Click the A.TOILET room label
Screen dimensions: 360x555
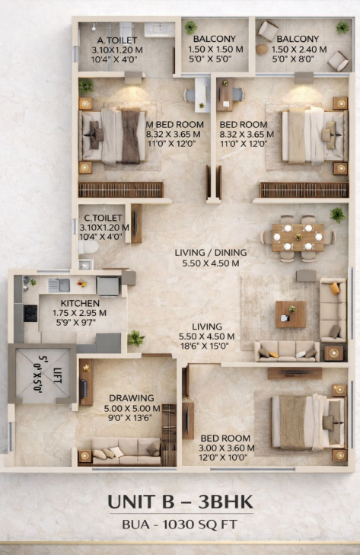click(117, 40)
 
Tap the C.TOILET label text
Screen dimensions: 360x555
click(104, 218)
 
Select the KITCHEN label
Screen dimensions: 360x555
click(80, 303)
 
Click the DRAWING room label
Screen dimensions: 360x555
click(132, 398)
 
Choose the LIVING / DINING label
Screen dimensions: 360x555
click(211, 253)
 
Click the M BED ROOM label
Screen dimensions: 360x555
click(175, 125)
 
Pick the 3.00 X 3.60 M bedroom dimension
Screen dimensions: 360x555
click(227, 448)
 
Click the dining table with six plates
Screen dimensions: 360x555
click(298, 237)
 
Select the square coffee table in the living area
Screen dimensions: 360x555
click(291, 314)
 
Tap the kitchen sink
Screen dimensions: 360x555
click(59, 285)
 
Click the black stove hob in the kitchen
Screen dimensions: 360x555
click(30, 313)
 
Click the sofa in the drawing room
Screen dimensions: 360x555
click(126, 451)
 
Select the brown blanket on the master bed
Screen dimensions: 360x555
click(131, 136)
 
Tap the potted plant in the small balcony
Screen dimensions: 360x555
click(190, 27)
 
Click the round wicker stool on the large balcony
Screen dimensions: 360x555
click(262, 49)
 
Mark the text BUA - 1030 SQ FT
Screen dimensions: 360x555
click(180, 525)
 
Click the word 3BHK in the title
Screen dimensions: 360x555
click(225, 502)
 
